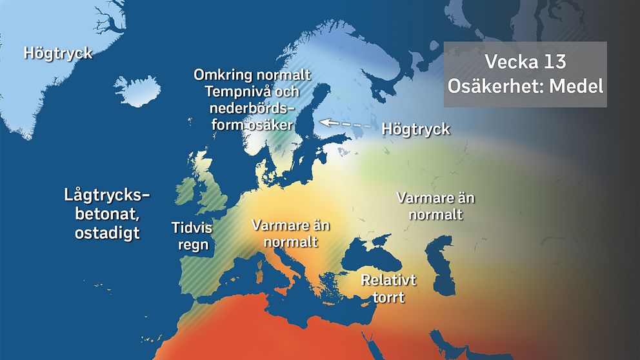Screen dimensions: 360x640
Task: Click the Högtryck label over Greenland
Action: pyautogui.click(x=58, y=53)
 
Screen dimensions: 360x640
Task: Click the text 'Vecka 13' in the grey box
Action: pyautogui.click(x=525, y=63)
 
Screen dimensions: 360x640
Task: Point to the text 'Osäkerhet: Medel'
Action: pyautogui.click(x=525, y=85)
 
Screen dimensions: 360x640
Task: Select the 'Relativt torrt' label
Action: pyautogui.click(x=388, y=288)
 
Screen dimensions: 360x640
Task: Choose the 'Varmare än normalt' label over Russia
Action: pyautogui.click(x=436, y=205)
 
